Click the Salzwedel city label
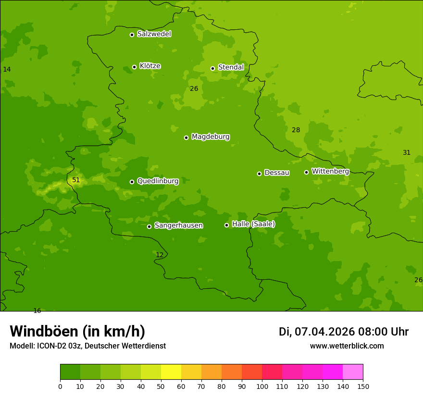point(154,34)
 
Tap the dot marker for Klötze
point(134,67)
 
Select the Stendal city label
point(231,67)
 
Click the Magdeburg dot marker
point(186,137)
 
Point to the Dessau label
point(277,173)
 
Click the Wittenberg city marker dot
point(306,172)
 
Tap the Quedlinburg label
point(158,181)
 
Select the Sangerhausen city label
point(178,225)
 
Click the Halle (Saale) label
point(253,224)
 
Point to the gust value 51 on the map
point(76,180)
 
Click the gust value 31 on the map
point(407,153)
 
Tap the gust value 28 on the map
point(296,130)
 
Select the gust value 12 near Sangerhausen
point(160,255)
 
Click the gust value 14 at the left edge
point(7,70)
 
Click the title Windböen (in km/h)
point(77,331)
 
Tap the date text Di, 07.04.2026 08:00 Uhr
point(343,332)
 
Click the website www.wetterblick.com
point(347,346)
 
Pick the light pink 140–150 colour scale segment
point(353,372)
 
